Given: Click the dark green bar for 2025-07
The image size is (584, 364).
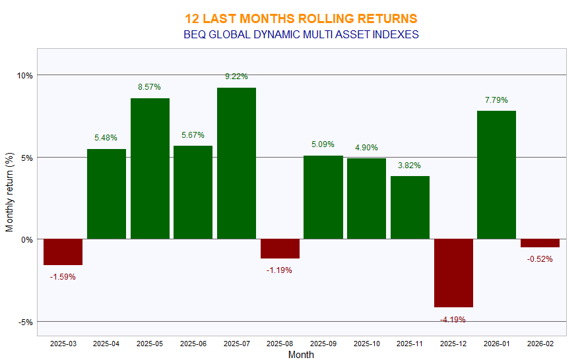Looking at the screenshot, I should (x=236, y=163).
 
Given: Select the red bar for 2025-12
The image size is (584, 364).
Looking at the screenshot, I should (x=453, y=273).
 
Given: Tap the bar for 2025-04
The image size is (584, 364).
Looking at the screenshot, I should (x=106, y=194).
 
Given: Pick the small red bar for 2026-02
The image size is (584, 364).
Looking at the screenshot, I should (x=540, y=243).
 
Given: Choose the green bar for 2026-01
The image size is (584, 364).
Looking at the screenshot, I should (x=496, y=175).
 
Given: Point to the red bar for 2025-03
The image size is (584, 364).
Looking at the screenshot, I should (x=63, y=252).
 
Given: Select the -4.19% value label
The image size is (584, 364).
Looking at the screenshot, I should (x=453, y=319).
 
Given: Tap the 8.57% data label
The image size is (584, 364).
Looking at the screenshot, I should (x=149, y=87).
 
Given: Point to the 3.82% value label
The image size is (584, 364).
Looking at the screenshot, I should (x=410, y=166).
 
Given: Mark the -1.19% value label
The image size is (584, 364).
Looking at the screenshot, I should (x=280, y=270).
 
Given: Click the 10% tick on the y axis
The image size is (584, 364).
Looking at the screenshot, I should (x=25, y=75).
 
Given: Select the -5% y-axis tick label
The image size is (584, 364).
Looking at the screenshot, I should (x=25, y=322).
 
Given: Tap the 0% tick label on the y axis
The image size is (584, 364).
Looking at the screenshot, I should (x=26, y=240).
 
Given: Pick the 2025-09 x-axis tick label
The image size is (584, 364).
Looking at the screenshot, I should (x=323, y=344).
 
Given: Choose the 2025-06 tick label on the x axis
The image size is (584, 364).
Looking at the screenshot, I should (x=193, y=344).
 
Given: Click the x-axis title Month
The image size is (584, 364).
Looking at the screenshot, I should (x=301, y=355).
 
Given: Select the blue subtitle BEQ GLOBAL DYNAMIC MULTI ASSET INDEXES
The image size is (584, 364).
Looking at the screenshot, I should (x=301, y=34).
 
